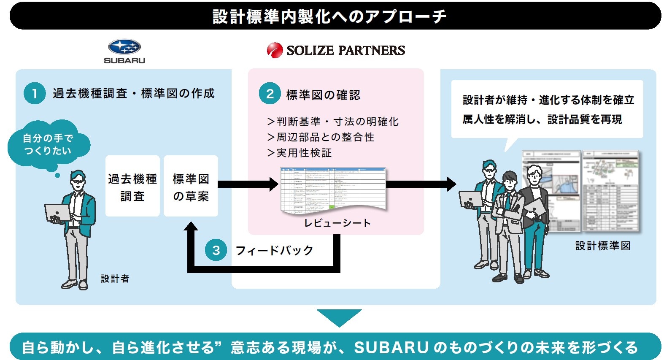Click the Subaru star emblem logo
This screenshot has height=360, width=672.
click(124, 47)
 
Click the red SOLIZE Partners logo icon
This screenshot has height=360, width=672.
click(275, 50)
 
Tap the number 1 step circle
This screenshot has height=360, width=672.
click(35, 93)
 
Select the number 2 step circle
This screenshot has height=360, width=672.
click(270, 94)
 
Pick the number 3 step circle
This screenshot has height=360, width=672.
click(216, 250)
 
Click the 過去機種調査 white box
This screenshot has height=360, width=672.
click(132, 186)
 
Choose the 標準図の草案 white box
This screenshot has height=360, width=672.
click(191, 186)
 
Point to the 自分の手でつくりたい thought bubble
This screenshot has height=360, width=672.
click(48, 145)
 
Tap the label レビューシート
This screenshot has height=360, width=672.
click(337, 223)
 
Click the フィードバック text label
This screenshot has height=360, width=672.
click(275, 250)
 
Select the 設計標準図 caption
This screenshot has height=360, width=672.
click(603, 246)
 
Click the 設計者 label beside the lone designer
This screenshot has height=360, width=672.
click(115, 279)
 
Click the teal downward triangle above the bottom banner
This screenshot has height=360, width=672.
click(339, 317)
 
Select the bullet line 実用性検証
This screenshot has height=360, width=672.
click(300, 153)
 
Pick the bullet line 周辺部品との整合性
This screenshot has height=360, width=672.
click(321, 137)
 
